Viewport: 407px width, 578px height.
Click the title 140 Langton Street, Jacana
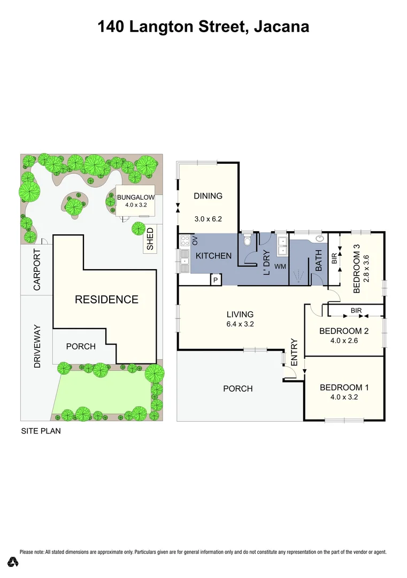(x=203, y=26)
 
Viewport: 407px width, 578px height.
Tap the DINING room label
(x=208, y=196)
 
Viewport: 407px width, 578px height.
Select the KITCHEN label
(x=213, y=256)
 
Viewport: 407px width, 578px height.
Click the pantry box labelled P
(x=216, y=280)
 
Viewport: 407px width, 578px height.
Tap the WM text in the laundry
(x=280, y=266)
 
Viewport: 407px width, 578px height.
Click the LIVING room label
(x=240, y=315)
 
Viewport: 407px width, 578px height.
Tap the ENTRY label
(x=294, y=353)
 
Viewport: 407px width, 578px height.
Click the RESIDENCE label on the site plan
(x=106, y=300)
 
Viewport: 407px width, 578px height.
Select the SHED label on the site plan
(x=150, y=239)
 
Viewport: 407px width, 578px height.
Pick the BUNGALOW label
(x=136, y=197)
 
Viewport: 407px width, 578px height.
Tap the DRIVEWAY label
(x=37, y=346)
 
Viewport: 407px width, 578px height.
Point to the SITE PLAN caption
(x=41, y=431)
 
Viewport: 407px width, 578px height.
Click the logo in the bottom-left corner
(x=13, y=562)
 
